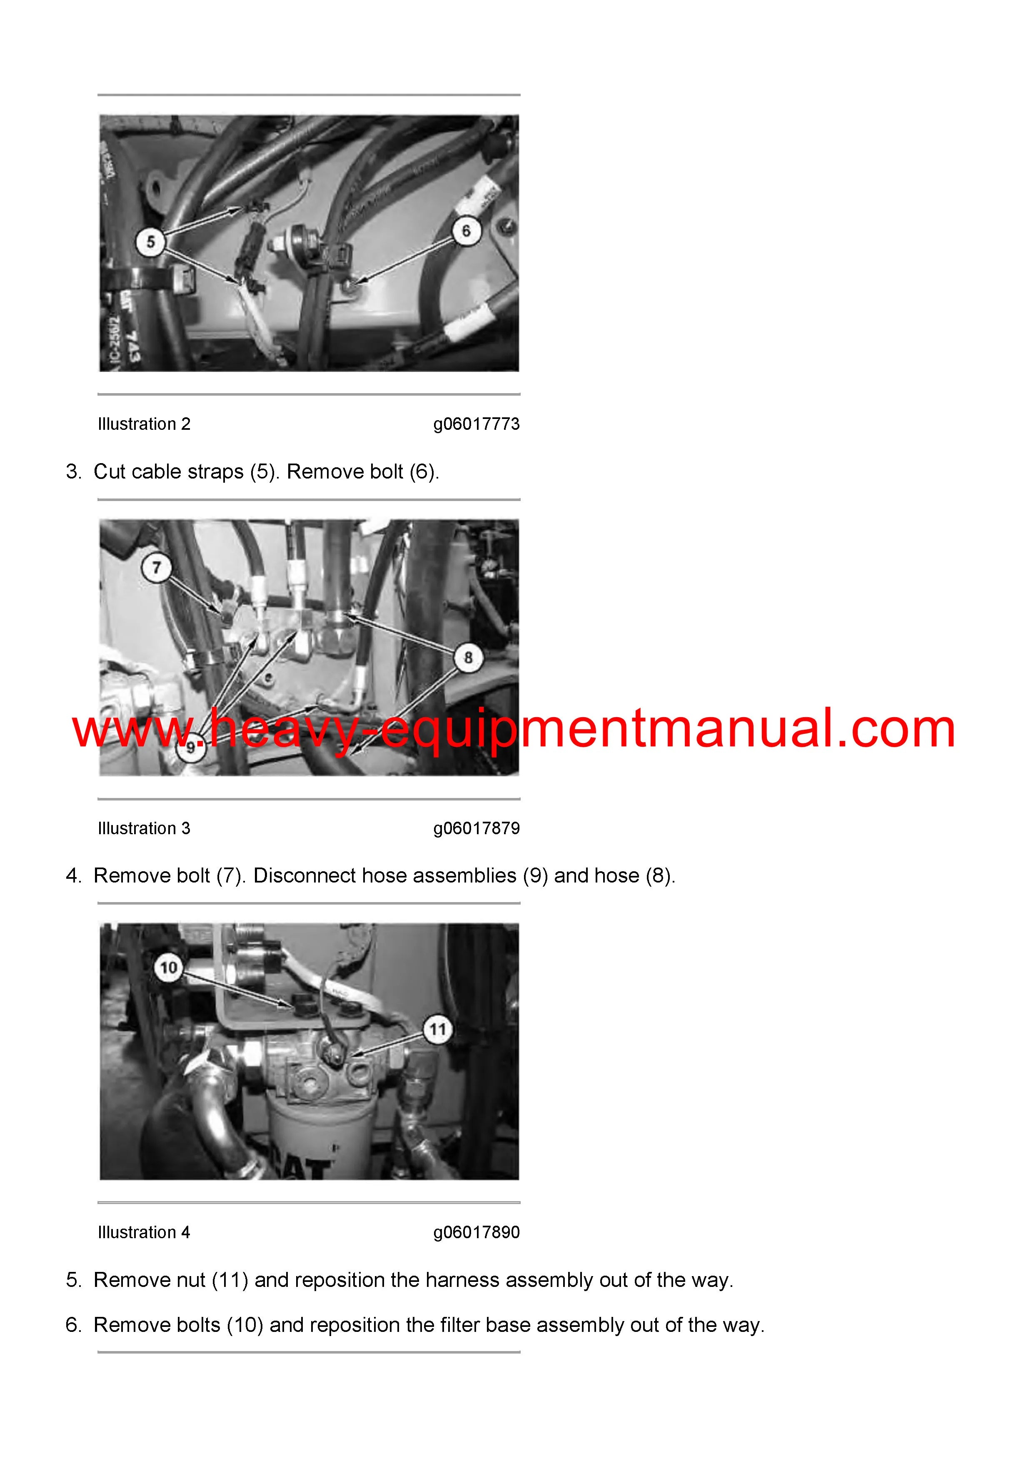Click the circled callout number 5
click(151, 242)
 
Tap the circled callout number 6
click(466, 231)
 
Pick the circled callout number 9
click(190, 748)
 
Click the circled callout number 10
click(168, 968)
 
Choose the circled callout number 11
click(438, 1030)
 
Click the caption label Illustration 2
click(144, 424)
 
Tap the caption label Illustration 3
click(144, 828)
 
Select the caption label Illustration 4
click(144, 1232)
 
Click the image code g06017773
click(476, 424)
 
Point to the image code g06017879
click(476, 828)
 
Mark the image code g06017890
click(476, 1232)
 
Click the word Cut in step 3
click(110, 471)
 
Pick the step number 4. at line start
click(74, 875)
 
